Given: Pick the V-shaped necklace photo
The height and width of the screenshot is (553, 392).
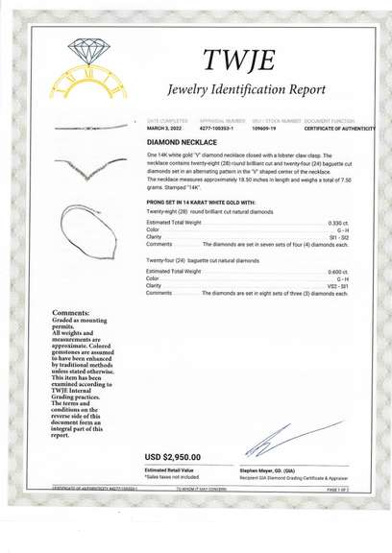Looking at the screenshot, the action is click(93, 174).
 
